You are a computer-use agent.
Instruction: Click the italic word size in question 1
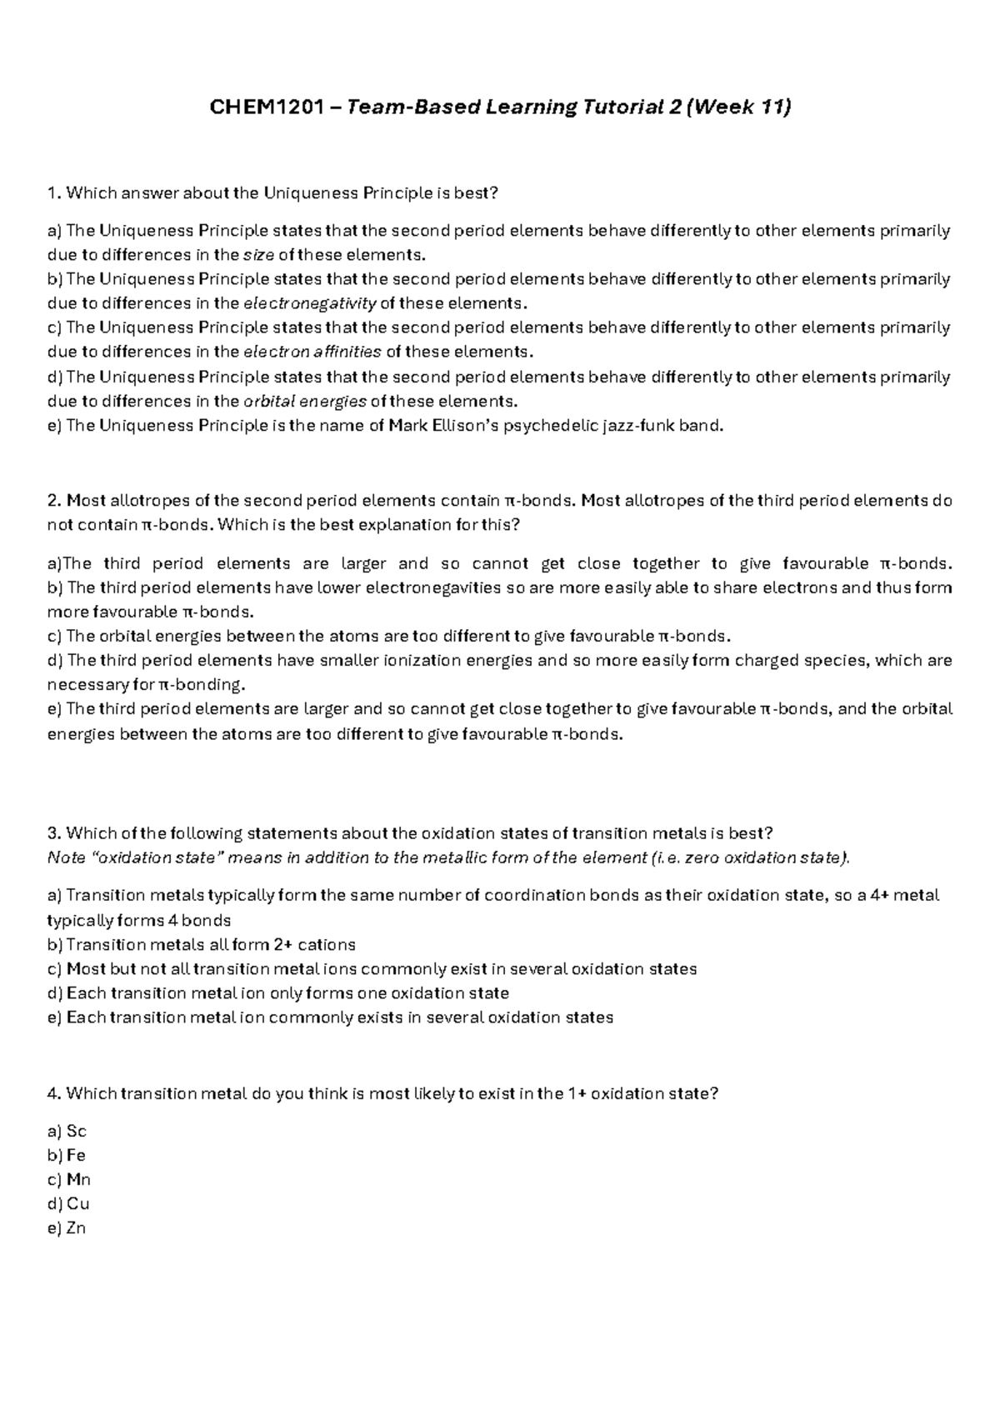click(257, 255)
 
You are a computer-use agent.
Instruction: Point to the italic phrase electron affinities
click(312, 352)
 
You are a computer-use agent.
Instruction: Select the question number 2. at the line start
click(55, 501)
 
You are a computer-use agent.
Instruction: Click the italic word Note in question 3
click(67, 858)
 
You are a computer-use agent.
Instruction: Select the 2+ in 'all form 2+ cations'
click(282, 945)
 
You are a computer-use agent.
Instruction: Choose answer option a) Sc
click(67, 1132)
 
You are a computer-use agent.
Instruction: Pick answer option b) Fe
click(67, 1156)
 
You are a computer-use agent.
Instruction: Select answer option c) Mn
click(69, 1180)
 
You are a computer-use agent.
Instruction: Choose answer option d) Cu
click(68, 1204)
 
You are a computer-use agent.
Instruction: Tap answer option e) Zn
click(67, 1228)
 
